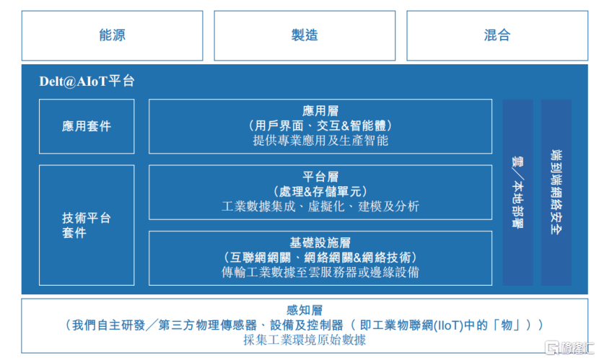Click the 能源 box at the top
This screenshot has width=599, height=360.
[x=112, y=35]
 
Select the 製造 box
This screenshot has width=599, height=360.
[x=305, y=35]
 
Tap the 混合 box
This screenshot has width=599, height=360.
[x=497, y=35]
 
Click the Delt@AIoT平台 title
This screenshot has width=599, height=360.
[x=87, y=81]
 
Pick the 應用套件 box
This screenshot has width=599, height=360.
[x=87, y=126]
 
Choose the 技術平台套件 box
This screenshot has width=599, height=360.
[x=87, y=225]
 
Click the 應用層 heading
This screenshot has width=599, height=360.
[x=320, y=111]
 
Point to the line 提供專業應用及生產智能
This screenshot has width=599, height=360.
[x=320, y=141]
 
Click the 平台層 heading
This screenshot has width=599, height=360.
[x=320, y=177]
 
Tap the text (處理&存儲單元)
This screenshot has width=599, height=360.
[x=320, y=191]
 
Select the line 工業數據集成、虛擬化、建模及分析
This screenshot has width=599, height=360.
[x=320, y=206]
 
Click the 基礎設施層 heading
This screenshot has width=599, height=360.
[x=320, y=243]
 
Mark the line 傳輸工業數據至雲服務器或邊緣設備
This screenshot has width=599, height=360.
[x=320, y=272]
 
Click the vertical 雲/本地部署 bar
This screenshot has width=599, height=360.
[x=517, y=193]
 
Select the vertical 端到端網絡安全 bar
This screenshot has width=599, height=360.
[x=556, y=193]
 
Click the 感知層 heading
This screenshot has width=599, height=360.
[x=305, y=310]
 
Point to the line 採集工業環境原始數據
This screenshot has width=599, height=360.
[x=305, y=340]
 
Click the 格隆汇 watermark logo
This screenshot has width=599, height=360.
[x=569, y=348]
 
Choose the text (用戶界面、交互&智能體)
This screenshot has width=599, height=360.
[x=320, y=126]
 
